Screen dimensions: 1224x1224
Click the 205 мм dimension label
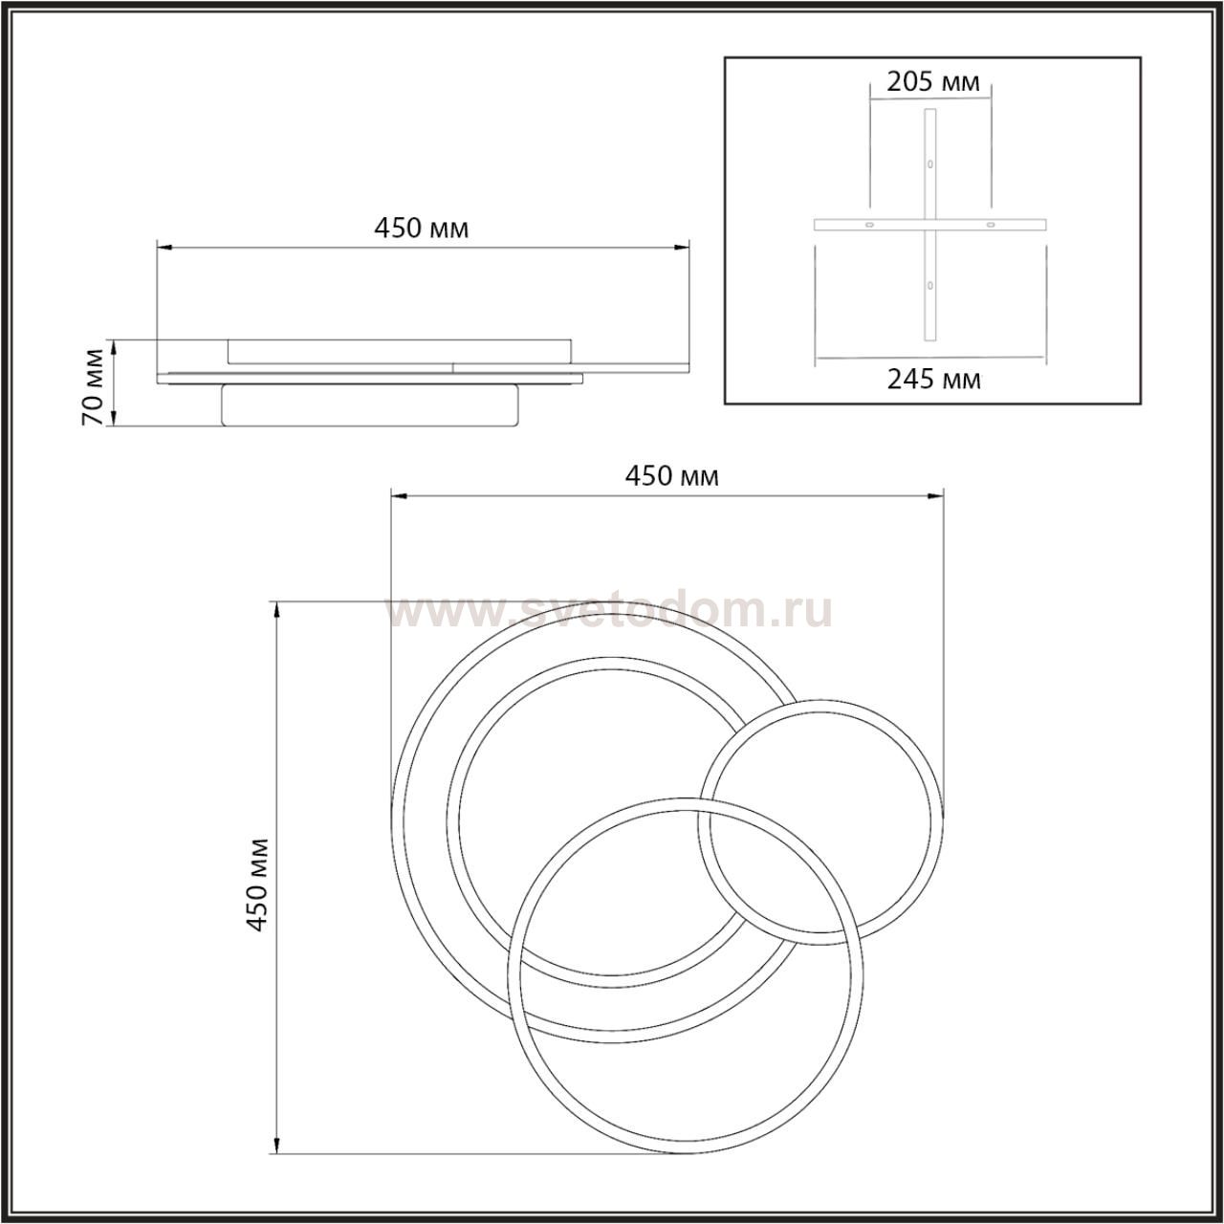point(932,82)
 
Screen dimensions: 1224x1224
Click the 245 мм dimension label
point(933,380)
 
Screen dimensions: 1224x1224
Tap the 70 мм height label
point(94,386)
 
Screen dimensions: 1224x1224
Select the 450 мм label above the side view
point(421,228)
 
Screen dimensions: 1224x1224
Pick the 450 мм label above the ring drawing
point(672,476)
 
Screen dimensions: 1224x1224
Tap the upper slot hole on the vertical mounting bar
point(929,164)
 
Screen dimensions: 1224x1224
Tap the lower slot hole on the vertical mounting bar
point(929,286)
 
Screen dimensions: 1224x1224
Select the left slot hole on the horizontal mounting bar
point(869,225)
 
